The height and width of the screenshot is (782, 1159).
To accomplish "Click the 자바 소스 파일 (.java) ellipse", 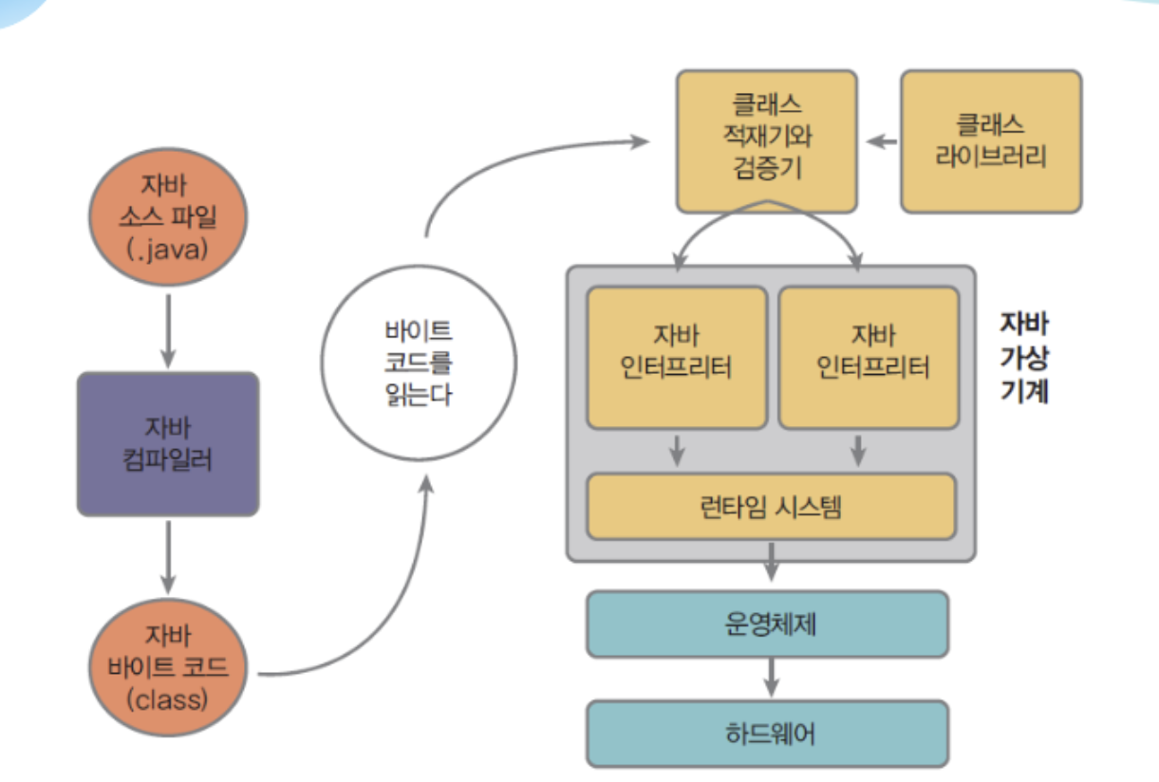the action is (x=168, y=217).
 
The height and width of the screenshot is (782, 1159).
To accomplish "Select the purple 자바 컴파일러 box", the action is (x=168, y=444).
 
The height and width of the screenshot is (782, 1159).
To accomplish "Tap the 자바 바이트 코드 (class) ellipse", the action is (x=168, y=667).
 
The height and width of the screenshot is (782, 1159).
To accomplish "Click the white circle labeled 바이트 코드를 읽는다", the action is (x=419, y=363).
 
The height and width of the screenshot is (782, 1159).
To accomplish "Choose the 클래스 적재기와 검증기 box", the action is (x=767, y=141).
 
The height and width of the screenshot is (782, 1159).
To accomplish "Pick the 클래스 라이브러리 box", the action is (x=991, y=141).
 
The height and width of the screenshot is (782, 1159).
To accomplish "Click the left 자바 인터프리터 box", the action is (x=677, y=358).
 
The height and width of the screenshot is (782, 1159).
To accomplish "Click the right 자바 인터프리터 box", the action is (x=869, y=358).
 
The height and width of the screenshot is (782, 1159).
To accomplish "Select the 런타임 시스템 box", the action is (x=771, y=507).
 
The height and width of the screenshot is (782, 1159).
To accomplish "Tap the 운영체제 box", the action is (x=768, y=624).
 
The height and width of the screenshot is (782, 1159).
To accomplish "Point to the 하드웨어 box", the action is (x=768, y=734).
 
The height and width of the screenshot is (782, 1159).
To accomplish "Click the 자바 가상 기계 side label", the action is (x=1024, y=357).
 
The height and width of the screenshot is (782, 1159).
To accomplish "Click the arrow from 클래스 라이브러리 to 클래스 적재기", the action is (x=882, y=141).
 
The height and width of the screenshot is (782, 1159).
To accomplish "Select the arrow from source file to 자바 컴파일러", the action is (x=168, y=331).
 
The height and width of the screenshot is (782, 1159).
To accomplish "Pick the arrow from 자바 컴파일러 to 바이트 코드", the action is (x=168, y=557).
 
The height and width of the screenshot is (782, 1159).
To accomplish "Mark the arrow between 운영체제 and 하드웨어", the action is (x=772, y=678).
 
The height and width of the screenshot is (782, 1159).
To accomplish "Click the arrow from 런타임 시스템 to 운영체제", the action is (x=772, y=562).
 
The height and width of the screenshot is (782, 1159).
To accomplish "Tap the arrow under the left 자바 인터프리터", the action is (x=677, y=451).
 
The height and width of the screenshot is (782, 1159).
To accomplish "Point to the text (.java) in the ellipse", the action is (x=167, y=250).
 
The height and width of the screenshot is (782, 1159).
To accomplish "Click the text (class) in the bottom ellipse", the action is (x=167, y=699).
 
